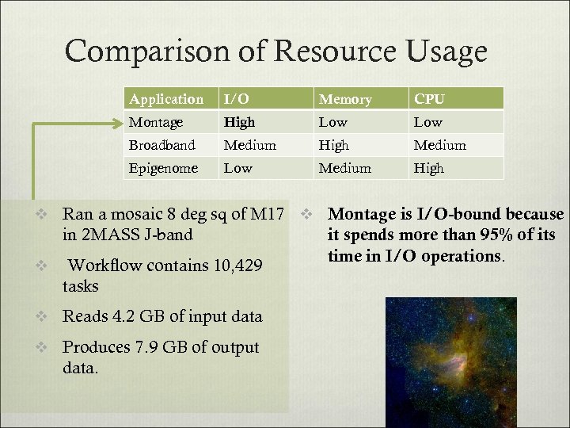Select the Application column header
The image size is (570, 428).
166,99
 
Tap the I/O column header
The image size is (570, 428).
236,99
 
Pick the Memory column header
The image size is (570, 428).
344,99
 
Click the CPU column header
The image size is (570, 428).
429,99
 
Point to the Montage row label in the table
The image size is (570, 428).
156,122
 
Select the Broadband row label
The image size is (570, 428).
161,145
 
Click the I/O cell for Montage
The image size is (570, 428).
239,122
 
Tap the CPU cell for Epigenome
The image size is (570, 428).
428,168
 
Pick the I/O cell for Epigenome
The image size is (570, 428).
237,168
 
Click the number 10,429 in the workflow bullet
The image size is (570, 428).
238,266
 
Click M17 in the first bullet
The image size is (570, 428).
272,214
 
